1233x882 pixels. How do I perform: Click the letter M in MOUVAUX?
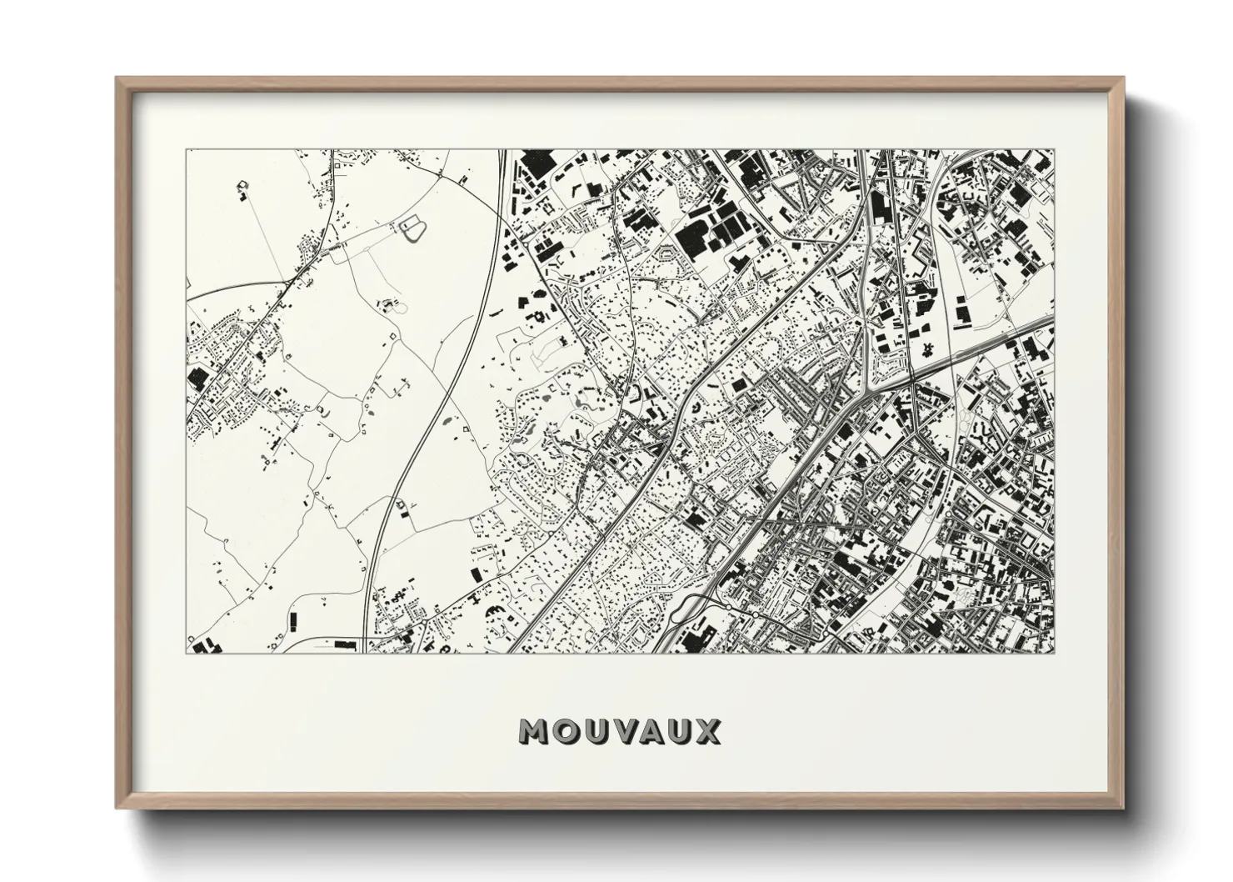(x=535, y=732)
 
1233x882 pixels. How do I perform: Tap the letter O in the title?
(x=566, y=732)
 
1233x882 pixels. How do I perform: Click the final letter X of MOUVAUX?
(x=707, y=732)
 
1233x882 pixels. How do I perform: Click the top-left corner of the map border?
(x=186, y=150)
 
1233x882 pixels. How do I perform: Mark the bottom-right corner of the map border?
(x=1054, y=653)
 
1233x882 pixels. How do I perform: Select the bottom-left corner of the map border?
(x=186, y=653)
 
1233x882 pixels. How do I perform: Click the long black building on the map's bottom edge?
(x=343, y=644)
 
